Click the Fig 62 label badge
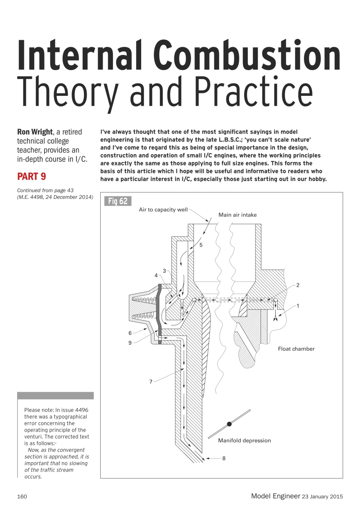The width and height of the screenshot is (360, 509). (x=118, y=201)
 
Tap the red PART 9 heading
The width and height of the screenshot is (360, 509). (x=32, y=177)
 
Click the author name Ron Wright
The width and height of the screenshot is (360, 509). (x=34, y=132)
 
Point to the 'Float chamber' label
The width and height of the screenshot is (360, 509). (x=296, y=349)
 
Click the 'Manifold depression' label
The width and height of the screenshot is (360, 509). (x=244, y=441)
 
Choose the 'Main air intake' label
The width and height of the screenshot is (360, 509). (x=237, y=215)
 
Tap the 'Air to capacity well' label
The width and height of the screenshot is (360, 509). (x=163, y=210)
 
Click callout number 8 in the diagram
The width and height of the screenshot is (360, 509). (x=224, y=458)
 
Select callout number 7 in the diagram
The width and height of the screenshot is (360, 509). (x=151, y=382)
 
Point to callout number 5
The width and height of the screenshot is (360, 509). (x=201, y=245)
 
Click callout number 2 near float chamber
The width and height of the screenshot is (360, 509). (x=298, y=285)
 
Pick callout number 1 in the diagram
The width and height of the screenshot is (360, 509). (x=298, y=306)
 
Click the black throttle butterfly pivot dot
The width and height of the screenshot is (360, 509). (x=229, y=424)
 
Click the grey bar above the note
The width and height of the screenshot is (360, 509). (x=55, y=396)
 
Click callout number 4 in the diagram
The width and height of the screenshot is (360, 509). (x=156, y=275)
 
